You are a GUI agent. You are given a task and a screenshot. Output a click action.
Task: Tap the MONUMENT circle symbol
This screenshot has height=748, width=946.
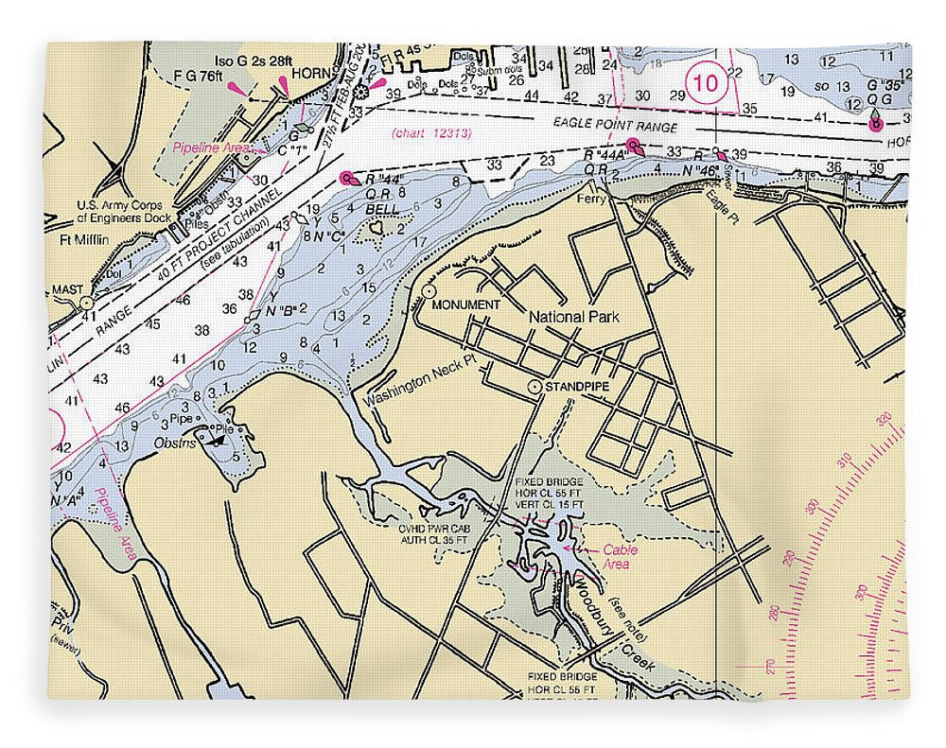[429, 291]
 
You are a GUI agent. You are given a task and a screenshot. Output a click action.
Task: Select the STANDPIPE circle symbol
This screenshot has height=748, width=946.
[534, 387]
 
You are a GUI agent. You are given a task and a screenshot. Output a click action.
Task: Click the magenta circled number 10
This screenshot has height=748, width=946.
[706, 83]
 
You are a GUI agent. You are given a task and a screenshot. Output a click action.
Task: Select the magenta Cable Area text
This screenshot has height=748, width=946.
[620, 557]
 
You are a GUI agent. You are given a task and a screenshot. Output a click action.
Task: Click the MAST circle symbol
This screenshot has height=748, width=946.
[86, 303]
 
